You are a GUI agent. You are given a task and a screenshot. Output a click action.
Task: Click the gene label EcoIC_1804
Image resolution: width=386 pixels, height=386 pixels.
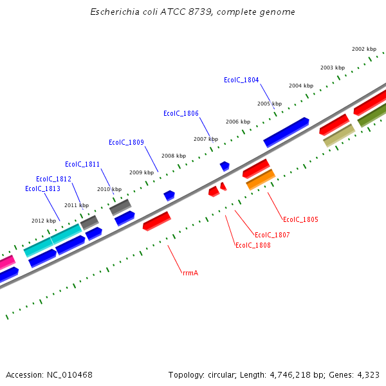pyautogui.click(x=241, y=80)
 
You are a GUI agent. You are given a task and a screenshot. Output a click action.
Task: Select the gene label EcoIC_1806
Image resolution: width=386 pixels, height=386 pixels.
pyautogui.click(x=181, y=114)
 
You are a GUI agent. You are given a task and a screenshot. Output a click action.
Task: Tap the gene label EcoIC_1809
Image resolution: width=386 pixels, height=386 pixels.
pyautogui.click(x=126, y=143)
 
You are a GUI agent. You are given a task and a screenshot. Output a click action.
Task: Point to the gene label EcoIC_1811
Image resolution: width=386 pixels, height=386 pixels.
pyautogui.click(x=82, y=165)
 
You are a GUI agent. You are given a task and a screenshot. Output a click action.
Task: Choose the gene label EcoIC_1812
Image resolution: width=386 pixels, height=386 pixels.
pyautogui.click(x=53, y=179)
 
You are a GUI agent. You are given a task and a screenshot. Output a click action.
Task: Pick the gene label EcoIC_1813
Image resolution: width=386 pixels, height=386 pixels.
pyautogui.click(x=42, y=189)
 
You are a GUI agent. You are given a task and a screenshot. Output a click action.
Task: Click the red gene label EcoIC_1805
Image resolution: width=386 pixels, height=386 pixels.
pyautogui.click(x=300, y=220)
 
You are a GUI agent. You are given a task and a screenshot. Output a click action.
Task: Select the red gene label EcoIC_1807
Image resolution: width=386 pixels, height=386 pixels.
pyautogui.click(x=272, y=235)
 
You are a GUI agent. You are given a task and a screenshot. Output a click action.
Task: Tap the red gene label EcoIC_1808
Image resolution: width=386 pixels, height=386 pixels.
pyautogui.click(x=253, y=246)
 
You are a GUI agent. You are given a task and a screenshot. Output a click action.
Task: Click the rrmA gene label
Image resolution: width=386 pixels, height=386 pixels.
pyautogui.click(x=190, y=273)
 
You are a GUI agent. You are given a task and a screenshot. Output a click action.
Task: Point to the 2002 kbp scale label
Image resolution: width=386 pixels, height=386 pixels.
pyautogui.click(x=363, y=50)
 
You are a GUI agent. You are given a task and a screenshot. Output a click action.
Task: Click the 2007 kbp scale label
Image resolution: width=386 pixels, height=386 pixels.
pyautogui.click(x=206, y=140)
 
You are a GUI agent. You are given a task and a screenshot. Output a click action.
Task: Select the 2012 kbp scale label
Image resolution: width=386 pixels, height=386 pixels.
pyautogui.click(x=44, y=221)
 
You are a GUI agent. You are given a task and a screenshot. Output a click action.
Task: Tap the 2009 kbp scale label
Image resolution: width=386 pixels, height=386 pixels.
pyautogui.click(x=142, y=173)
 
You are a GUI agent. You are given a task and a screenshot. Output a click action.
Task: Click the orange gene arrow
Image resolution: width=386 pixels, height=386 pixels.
pyautogui.click(x=261, y=179)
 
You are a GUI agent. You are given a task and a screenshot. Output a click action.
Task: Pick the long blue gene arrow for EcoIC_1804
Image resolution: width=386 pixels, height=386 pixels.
pyautogui.click(x=286, y=132)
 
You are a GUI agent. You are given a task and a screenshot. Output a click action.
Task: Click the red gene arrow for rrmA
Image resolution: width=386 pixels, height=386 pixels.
pyautogui.click(x=156, y=221)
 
